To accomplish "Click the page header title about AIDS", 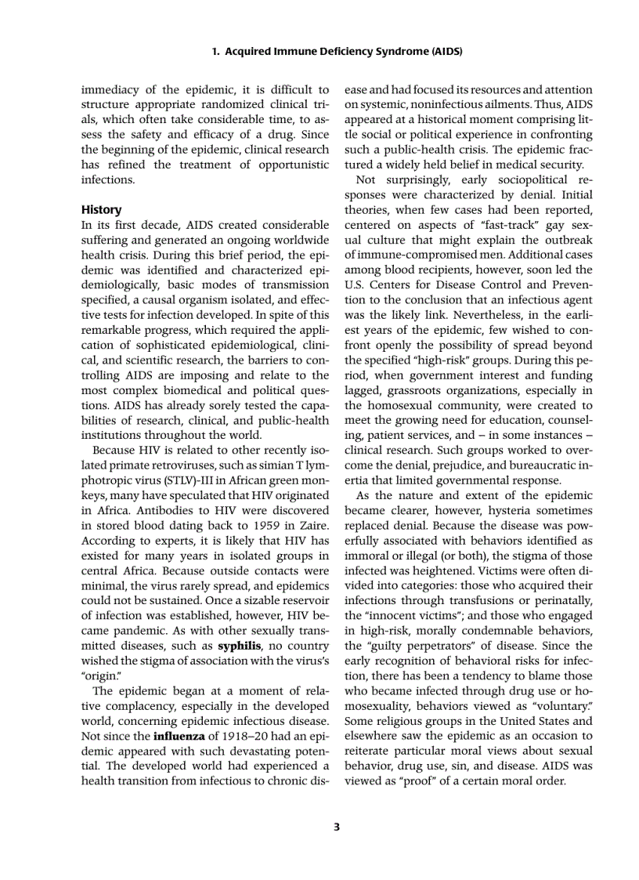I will (x=337, y=53).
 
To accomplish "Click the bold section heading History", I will (x=102, y=209).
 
